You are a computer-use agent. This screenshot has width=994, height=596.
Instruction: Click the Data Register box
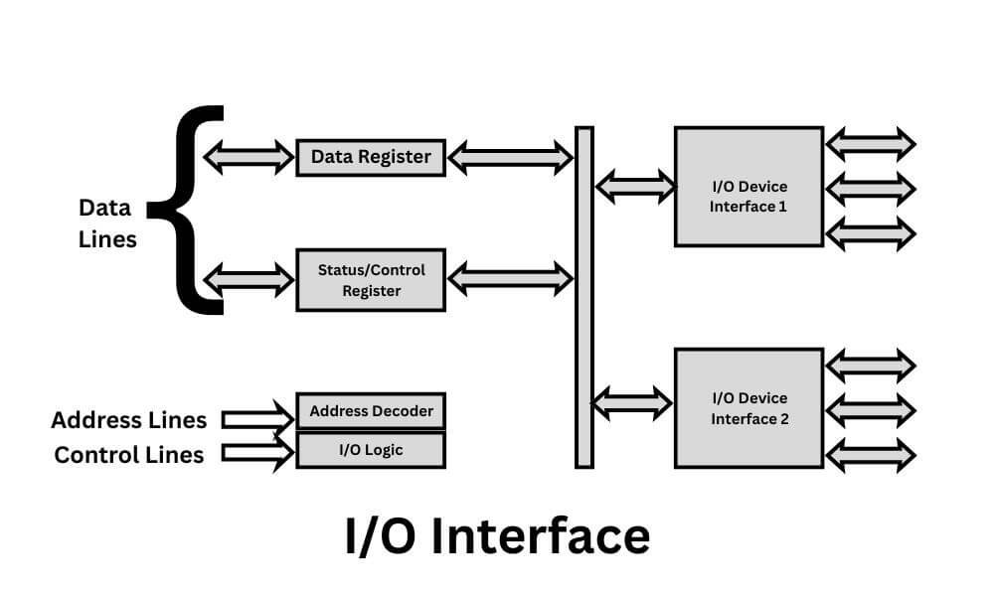[x=371, y=157]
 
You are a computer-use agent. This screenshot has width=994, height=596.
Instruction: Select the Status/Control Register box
[x=371, y=280]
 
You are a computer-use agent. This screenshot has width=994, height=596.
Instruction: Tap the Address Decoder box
[x=371, y=410]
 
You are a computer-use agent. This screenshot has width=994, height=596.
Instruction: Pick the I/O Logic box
[x=371, y=450]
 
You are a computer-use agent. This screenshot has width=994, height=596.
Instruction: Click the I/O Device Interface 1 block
[x=748, y=187]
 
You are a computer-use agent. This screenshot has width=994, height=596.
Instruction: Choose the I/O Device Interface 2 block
[x=748, y=408]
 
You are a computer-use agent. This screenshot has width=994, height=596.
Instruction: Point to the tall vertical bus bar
[x=584, y=297]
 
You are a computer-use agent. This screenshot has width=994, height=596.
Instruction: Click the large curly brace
[x=193, y=210]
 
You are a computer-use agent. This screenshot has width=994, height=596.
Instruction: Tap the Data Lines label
[x=106, y=223]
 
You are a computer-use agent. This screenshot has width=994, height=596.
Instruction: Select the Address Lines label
[x=129, y=420]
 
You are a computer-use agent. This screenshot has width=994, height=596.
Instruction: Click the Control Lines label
[x=129, y=455]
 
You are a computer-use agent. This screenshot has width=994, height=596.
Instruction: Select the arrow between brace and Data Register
[x=248, y=157]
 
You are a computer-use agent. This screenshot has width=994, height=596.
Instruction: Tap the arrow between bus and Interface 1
[x=634, y=186]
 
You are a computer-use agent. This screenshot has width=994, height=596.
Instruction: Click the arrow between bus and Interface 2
[x=632, y=402]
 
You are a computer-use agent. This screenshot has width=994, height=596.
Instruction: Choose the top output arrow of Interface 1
[x=871, y=144]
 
